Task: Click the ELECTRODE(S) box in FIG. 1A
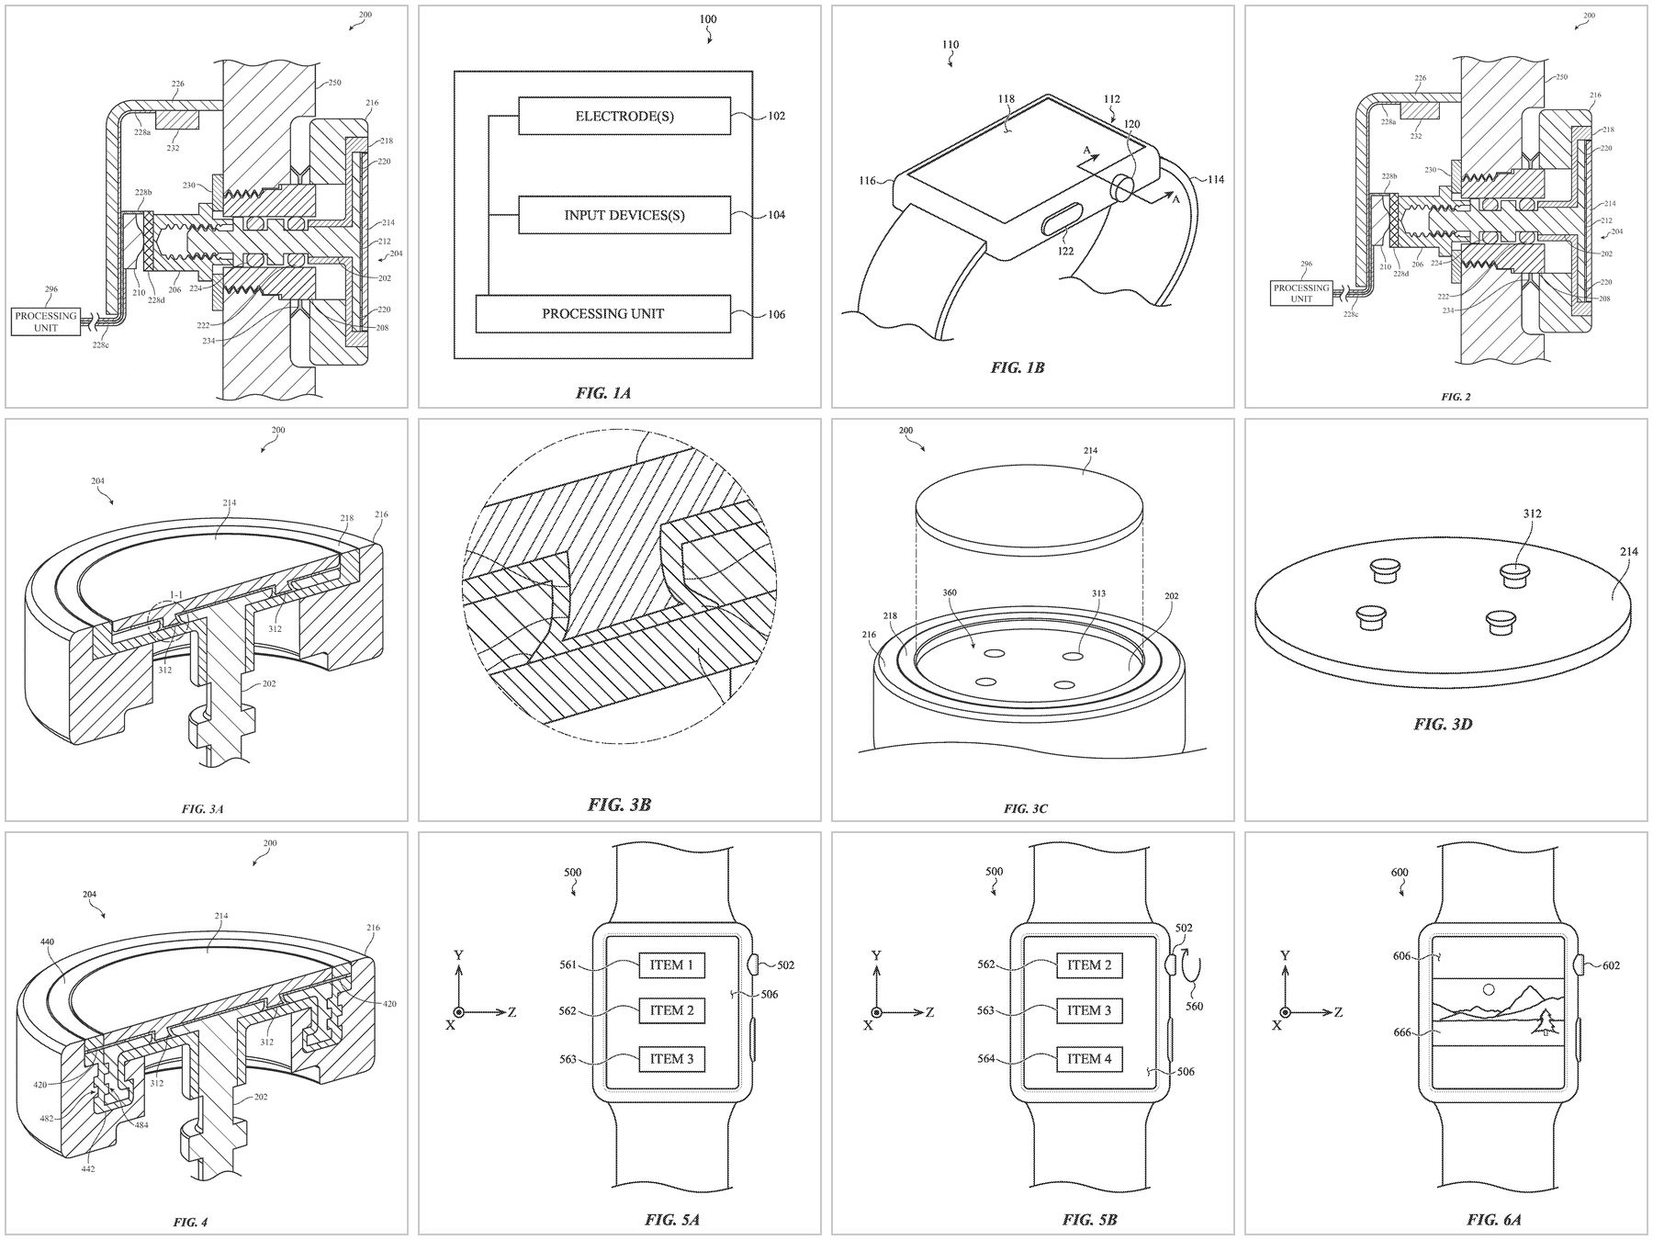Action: coord(624,116)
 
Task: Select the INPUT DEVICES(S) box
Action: coord(624,215)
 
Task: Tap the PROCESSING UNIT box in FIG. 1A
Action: coord(602,313)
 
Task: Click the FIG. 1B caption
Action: coord(1018,367)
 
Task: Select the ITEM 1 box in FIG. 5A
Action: coord(672,965)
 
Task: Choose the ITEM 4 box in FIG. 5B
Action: coord(1090,1059)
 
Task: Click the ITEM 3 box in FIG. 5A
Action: coord(672,1059)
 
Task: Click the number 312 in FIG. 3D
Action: coord(1532,513)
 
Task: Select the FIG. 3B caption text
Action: coord(619,806)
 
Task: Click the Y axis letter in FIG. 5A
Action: coord(458,956)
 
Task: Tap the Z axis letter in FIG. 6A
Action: coord(1338,1012)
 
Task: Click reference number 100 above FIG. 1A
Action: coord(708,19)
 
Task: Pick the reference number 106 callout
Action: coord(777,314)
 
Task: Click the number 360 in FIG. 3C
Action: coord(950,592)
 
